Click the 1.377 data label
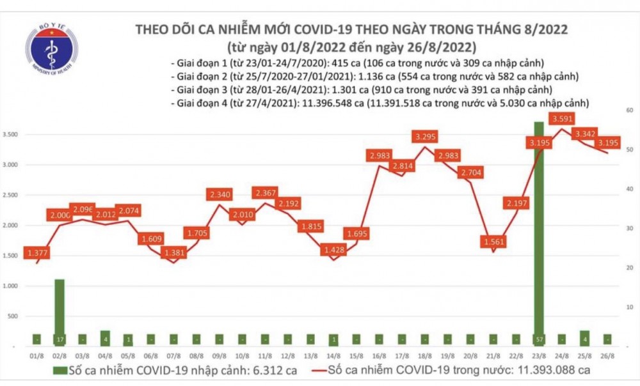point(37,254)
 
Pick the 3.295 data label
point(426,136)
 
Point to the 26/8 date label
point(607,355)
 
